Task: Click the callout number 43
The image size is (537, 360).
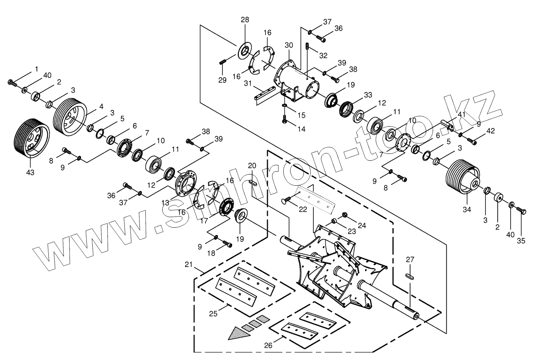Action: [x=30, y=172]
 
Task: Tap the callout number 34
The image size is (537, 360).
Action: [x=466, y=209]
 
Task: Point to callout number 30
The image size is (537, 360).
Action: [x=289, y=45]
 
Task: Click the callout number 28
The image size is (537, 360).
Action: [x=245, y=20]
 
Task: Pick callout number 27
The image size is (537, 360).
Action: [x=410, y=259]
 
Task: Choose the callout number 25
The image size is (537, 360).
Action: [x=213, y=313]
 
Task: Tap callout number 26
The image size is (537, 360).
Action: [x=268, y=345]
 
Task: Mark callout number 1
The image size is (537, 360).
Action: [x=37, y=69]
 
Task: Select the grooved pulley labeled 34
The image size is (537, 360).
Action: [x=462, y=177]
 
